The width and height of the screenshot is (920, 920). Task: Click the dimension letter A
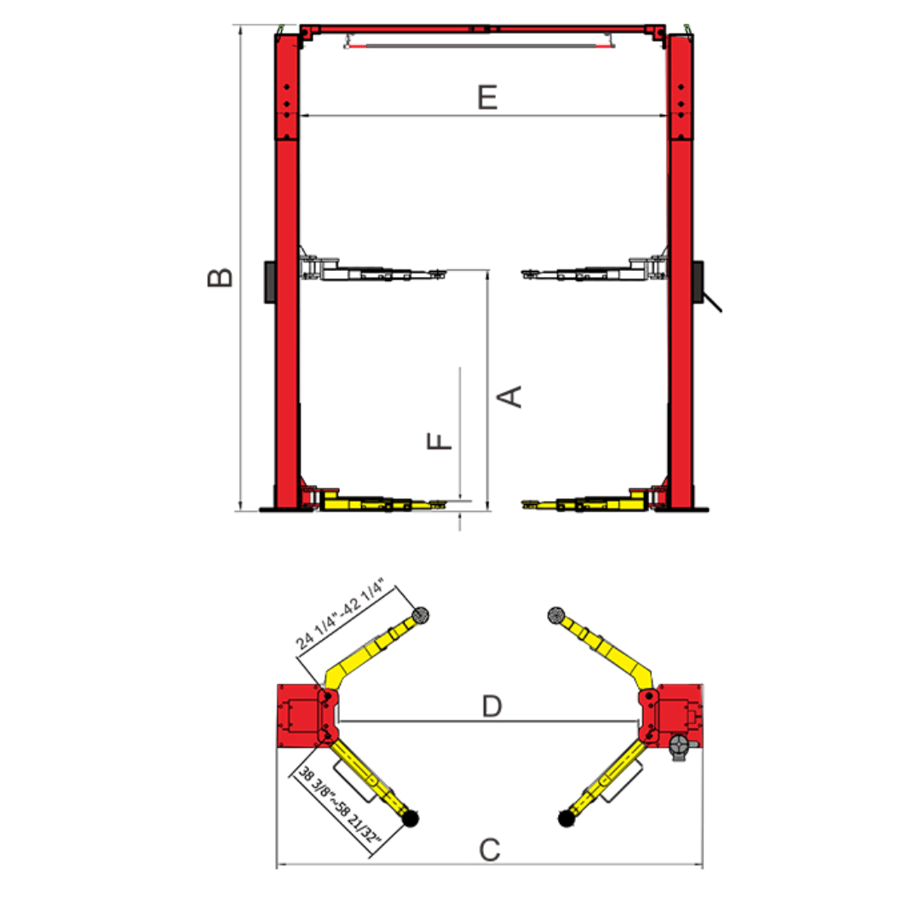pyautogui.click(x=509, y=397)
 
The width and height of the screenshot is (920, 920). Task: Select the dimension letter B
pyautogui.click(x=221, y=278)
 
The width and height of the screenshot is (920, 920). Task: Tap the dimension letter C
pyautogui.click(x=490, y=849)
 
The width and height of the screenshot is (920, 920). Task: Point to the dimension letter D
pyautogui.click(x=492, y=706)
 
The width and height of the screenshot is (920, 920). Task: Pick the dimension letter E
pyautogui.click(x=487, y=97)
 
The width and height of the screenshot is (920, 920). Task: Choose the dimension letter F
pyautogui.click(x=440, y=440)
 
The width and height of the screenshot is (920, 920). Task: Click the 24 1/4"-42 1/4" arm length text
pyautogui.click(x=340, y=613)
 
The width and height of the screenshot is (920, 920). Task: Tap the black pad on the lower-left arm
pyautogui.click(x=410, y=819)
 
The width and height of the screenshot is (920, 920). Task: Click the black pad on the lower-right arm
pyautogui.click(x=566, y=819)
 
